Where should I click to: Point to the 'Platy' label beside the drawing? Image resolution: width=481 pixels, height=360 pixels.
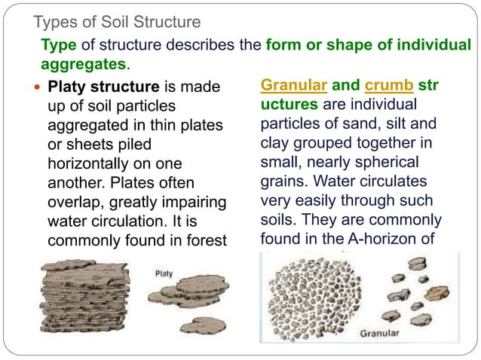click(164, 273)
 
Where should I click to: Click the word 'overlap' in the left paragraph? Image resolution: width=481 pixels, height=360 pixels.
click(74, 202)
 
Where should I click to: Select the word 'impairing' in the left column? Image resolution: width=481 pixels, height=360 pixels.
click(195, 202)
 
